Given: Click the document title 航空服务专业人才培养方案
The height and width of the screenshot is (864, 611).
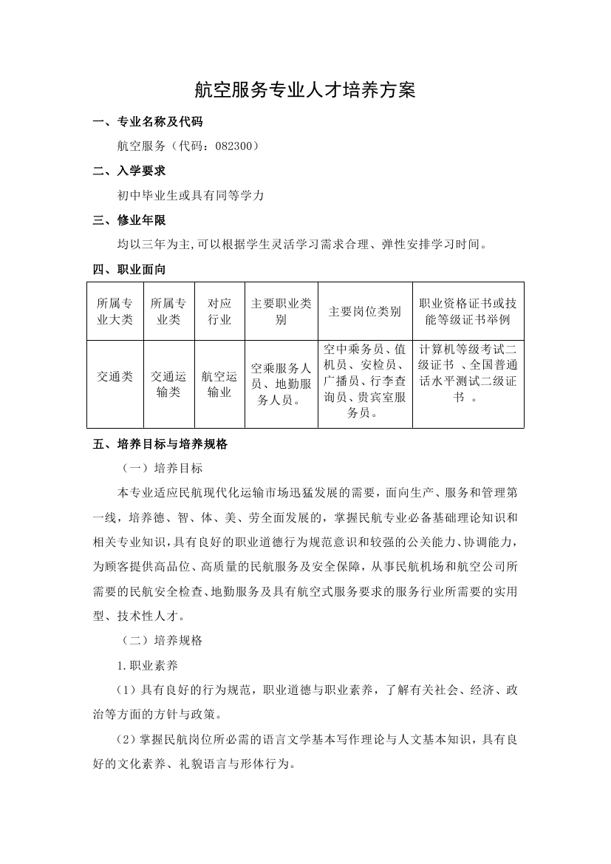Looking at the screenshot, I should pos(305,90).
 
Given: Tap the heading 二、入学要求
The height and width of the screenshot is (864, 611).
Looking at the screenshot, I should pos(129,171).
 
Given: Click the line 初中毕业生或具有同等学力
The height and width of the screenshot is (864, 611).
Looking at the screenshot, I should pos(191,196).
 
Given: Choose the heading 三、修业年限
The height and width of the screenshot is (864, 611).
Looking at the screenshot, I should pos(129,220).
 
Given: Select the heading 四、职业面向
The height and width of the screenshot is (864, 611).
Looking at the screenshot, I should pos(129,269).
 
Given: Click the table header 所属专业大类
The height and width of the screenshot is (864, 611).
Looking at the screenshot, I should pos(115,311).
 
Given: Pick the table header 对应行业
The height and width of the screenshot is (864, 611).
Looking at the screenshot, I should pos(219,311).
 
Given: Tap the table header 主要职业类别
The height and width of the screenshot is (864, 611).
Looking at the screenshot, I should pos(281,311).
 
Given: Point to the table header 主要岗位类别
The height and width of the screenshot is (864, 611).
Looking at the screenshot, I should pos(365,311).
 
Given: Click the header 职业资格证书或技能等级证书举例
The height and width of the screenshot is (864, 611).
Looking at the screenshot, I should pos(468,311).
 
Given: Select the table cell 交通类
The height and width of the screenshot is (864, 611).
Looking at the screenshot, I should pos(115,376).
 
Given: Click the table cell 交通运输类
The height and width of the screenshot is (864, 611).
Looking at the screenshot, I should pos(168,384).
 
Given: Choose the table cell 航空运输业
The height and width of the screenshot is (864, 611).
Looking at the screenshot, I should pos(219,384).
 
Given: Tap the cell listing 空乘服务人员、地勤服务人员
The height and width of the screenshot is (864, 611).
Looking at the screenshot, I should pos(281,384).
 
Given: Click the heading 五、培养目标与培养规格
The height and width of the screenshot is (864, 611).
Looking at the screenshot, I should pos(160,444).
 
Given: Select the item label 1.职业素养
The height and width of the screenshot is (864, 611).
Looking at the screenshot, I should pos(147,665).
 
